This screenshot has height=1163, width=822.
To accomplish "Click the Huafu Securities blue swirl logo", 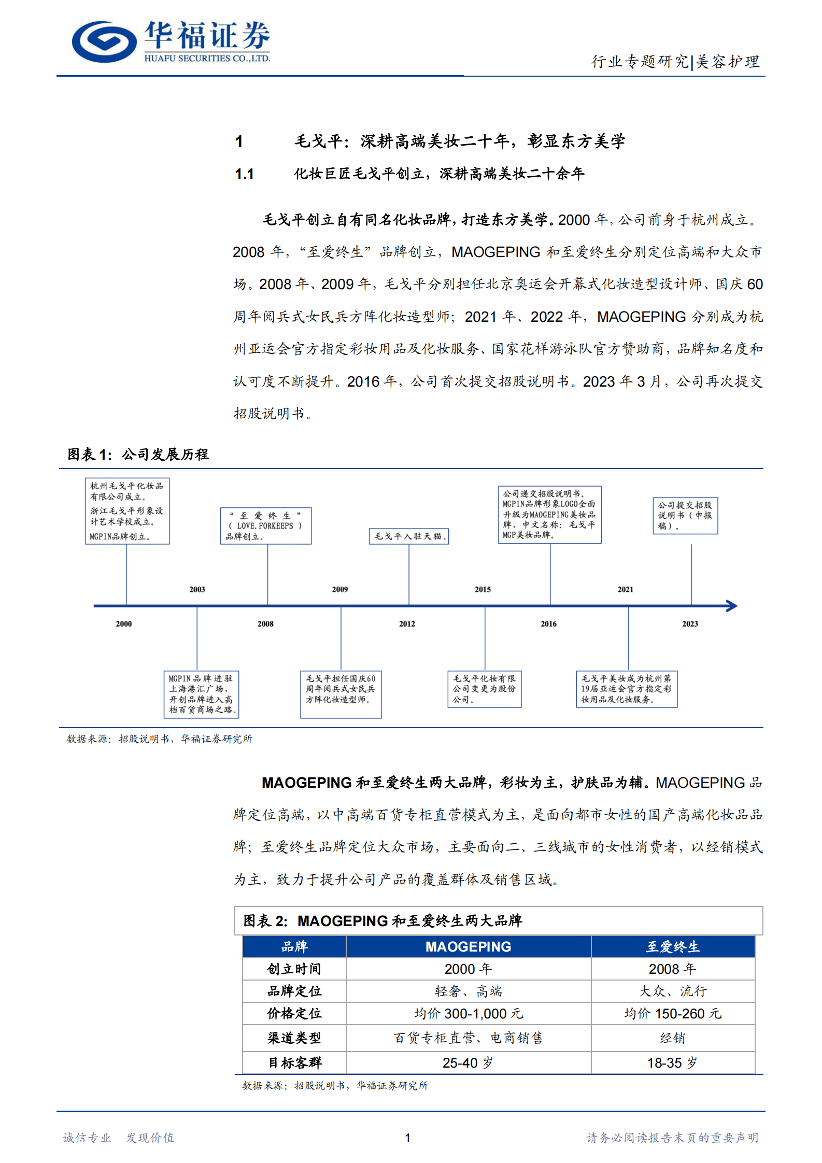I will (104, 41).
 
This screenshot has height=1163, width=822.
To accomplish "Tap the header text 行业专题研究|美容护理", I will (675, 62).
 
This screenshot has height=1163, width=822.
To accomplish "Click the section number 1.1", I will (244, 174).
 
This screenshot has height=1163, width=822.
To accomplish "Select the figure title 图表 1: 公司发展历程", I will (138, 455).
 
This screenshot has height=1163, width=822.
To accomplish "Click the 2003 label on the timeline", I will (197, 589).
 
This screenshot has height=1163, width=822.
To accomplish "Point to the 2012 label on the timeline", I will (407, 624).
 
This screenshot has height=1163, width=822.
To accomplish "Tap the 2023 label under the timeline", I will (690, 624).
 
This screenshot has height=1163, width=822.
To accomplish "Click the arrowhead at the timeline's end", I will (732, 606).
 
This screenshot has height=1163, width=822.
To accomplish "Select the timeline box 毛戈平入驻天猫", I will (409, 536).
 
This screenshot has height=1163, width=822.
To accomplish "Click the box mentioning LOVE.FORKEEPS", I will (265, 526).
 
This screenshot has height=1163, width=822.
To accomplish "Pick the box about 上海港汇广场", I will (201, 694).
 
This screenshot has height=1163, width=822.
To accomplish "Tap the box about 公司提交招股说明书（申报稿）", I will (685, 515).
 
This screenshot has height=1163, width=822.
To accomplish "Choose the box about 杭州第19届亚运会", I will (626, 689).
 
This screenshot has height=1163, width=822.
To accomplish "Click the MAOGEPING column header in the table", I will (468, 947).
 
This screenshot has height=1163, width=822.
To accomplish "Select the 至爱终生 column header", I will (672, 947).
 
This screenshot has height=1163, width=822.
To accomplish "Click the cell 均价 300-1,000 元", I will (468, 1014).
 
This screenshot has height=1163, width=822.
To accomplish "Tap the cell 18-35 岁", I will (672, 1063).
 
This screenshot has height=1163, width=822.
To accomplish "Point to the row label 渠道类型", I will (294, 1038).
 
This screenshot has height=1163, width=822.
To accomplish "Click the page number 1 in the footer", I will (408, 1138).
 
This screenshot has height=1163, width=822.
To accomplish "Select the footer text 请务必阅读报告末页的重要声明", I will (672, 1138).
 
